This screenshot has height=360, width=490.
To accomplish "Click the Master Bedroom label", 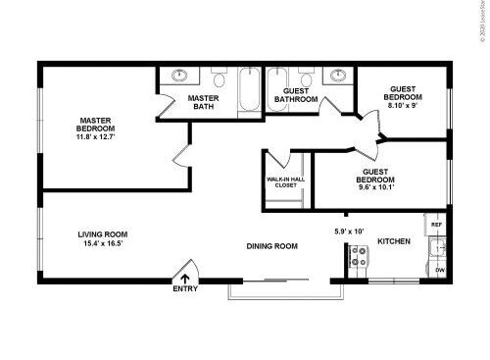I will pos(95,125).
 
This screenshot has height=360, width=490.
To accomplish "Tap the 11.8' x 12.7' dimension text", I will pos(95,138).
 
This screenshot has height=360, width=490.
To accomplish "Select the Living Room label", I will pos(103,234).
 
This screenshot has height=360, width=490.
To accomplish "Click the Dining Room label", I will pos(271,246).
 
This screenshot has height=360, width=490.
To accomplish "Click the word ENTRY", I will pos(184,289).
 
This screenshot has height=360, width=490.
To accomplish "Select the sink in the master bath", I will pos(180,75).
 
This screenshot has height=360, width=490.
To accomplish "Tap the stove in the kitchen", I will pos(359,257).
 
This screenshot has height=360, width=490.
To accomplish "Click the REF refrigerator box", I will pos(436,225).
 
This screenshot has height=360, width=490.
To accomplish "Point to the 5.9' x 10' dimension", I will pos(349,231).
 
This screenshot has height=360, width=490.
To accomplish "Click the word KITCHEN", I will pos(394,240).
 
